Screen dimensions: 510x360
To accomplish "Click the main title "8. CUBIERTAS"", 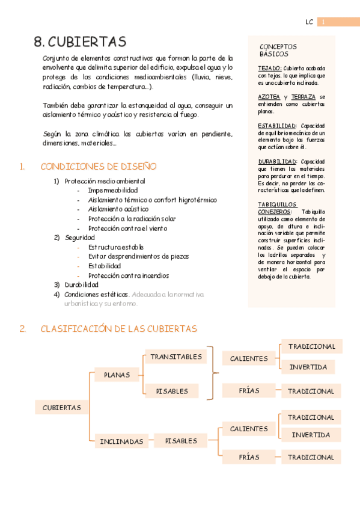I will (x=80, y=41).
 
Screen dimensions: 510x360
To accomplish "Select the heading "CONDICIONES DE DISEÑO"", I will (x=98, y=167).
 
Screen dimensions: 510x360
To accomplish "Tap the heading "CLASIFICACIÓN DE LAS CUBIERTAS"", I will (x=118, y=328).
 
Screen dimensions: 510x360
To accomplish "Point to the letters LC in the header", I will (x=309, y=22).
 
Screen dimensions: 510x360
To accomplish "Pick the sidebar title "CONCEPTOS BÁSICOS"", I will (x=278, y=50).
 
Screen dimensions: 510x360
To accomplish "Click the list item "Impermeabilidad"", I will (x=112, y=190).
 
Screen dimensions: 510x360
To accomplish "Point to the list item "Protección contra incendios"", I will (x=128, y=275).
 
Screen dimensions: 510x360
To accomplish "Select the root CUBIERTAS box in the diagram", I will (x=61, y=407).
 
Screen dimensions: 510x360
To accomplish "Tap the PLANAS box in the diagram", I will (x=117, y=375).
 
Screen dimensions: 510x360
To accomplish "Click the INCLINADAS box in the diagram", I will (x=121, y=441).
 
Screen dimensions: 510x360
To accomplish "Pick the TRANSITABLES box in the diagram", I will (x=176, y=357).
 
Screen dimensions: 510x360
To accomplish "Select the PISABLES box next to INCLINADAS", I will (x=181, y=441).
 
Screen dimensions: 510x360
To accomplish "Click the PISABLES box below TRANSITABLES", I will (x=172, y=391).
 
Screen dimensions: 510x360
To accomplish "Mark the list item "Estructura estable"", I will (x=115, y=247).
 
